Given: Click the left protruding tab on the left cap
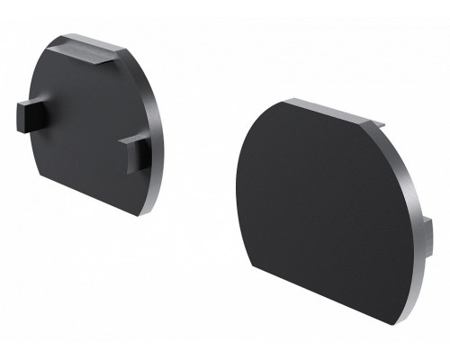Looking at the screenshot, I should point(28,114).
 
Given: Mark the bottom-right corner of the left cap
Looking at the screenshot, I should point(144,215).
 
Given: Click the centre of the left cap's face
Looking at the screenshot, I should point(85,126).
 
